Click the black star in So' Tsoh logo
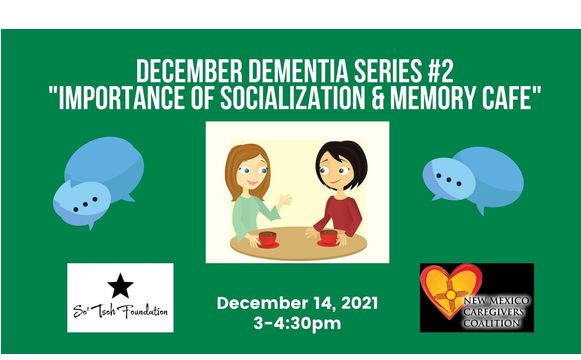(x=120, y=285)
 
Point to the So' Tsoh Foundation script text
(x=120, y=312)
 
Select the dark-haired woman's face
(x=333, y=168)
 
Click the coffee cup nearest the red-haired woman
(x=268, y=238)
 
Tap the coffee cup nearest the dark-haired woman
(x=327, y=238)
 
